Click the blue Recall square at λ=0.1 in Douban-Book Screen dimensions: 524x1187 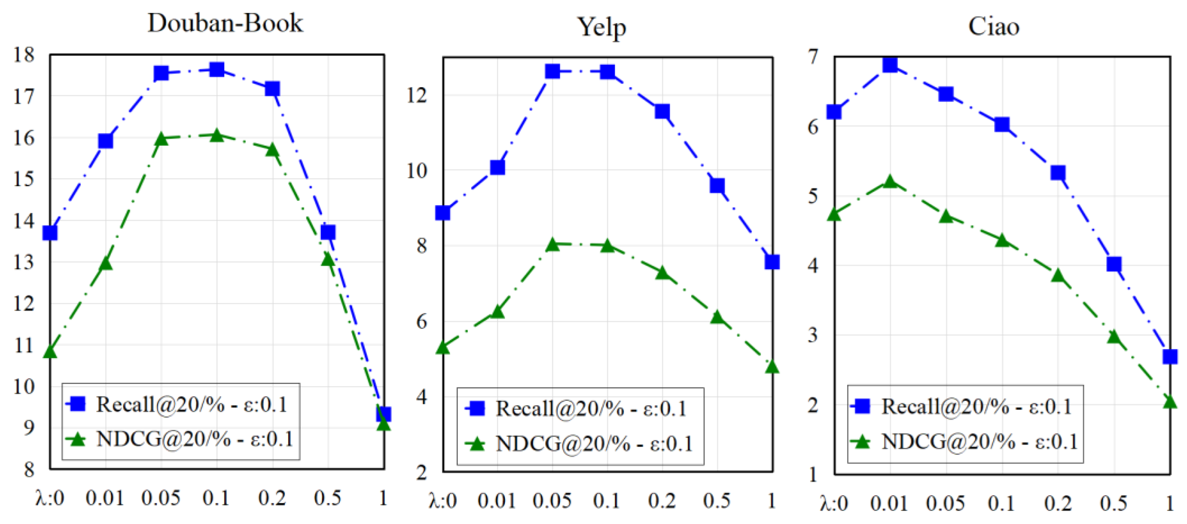click(x=217, y=70)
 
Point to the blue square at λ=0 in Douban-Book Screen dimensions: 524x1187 click(x=50, y=233)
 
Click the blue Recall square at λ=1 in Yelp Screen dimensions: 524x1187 click(x=772, y=262)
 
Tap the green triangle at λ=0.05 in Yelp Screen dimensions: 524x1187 click(x=552, y=245)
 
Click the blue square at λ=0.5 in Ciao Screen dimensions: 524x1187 click(x=1114, y=264)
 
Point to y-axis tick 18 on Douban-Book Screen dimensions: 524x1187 click(x=24, y=55)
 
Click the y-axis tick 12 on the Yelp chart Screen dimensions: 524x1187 click(x=417, y=95)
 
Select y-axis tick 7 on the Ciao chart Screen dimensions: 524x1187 click(x=813, y=57)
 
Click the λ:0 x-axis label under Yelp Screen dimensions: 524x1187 click(x=443, y=501)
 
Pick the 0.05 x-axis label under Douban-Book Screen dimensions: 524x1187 click(x=161, y=498)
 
